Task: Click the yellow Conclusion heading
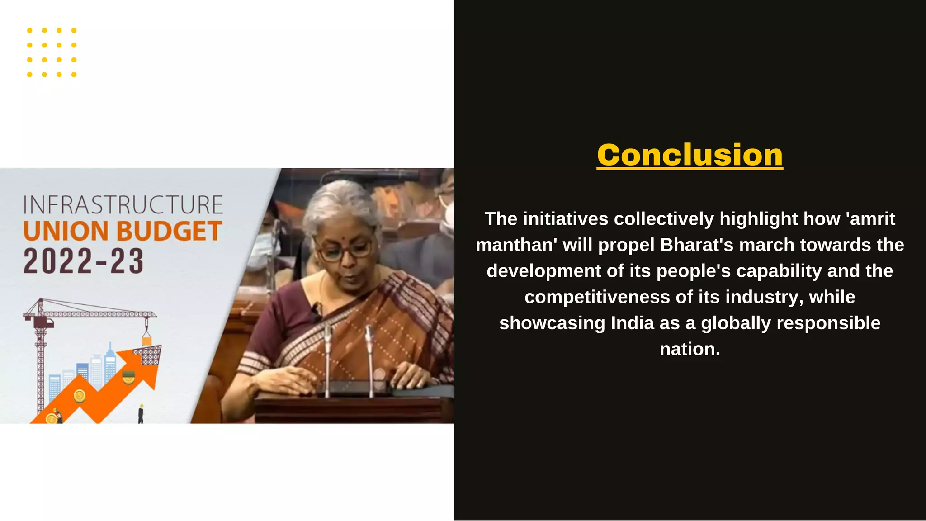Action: point(690,155)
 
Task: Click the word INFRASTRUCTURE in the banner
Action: point(123,205)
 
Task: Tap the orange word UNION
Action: point(67,231)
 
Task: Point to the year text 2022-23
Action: point(84,261)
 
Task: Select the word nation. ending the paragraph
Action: point(690,349)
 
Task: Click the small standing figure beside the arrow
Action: point(141,414)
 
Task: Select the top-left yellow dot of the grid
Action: point(30,30)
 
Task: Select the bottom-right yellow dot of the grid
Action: point(74,75)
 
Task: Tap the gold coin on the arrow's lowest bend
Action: point(80,396)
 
